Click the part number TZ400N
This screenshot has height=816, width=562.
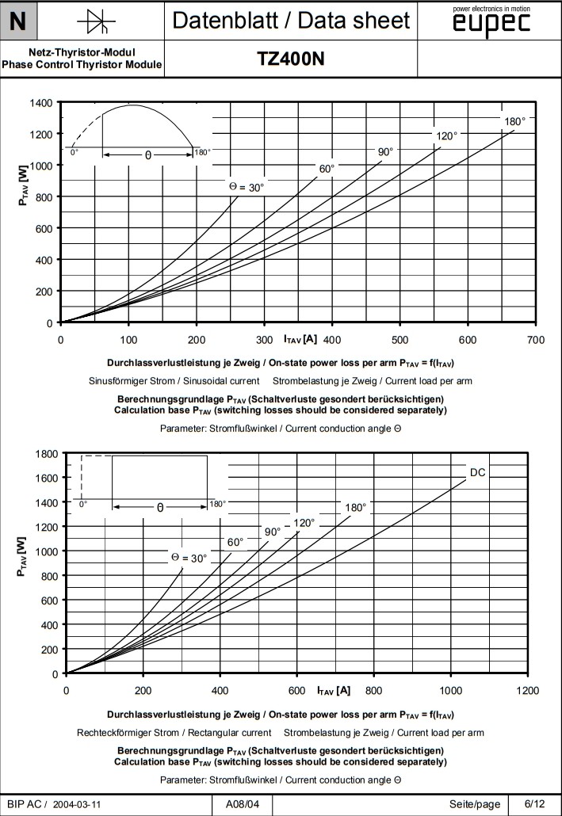tap(291, 59)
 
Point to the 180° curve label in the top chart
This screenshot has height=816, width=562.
tap(514, 121)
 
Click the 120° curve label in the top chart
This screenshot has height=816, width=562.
tap(446, 136)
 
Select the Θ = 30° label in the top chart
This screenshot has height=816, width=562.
tap(247, 187)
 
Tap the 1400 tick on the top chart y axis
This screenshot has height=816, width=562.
tap(41, 103)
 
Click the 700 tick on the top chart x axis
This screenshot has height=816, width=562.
tap(535, 340)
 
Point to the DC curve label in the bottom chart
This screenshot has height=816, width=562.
tap(477, 473)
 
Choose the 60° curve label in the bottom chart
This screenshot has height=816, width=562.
tap(235, 543)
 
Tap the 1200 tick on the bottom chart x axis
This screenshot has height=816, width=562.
tap(527, 691)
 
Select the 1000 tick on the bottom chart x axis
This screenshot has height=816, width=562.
tap(450, 691)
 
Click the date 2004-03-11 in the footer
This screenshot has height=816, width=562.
tap(76, 805)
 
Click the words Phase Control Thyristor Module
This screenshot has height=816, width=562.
tap(82, 64)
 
